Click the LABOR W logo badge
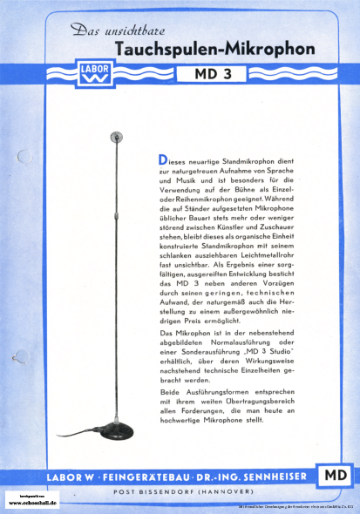point(93,73)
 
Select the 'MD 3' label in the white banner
point(210,73)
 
